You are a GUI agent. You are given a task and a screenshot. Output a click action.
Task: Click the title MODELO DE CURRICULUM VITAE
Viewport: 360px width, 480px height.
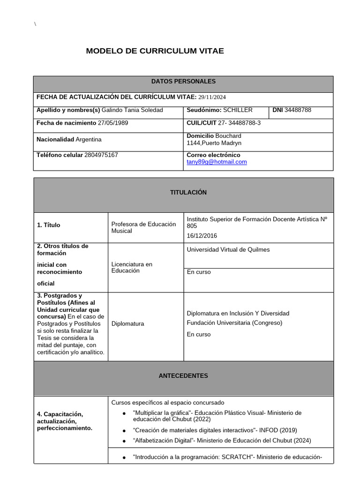pos(155,51)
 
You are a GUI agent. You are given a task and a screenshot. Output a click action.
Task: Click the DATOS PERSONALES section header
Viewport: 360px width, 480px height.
pos(183,82)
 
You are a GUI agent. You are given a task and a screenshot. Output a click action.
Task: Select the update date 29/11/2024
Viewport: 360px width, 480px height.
pos(212,97)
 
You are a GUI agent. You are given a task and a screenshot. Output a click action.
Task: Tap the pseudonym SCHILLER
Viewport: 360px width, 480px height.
pos(238,110)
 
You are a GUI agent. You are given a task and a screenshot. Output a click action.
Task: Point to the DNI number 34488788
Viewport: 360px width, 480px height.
pos(298,110)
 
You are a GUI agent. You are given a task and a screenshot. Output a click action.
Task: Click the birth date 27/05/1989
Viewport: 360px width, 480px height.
pos(113,123)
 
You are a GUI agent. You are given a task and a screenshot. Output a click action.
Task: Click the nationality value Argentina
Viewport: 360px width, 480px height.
pos(89,140)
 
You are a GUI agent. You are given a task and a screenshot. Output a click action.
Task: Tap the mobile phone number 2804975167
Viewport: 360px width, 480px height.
pos(101,155)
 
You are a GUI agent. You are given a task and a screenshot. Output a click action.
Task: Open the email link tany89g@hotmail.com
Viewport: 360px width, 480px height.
pos(217,162)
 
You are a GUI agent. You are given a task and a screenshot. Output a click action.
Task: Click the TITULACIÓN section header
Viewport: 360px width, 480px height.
pos(183,193)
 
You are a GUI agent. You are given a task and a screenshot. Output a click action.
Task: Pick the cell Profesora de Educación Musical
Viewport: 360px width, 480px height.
pos(143,227)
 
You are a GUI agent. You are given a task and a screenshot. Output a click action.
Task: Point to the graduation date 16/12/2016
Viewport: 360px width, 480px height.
pos(202,236)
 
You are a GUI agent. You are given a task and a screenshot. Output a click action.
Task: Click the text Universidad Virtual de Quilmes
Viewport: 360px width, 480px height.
pos(228,250)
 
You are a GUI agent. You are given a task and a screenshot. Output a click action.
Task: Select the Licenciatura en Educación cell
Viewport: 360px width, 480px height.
pos(132,267)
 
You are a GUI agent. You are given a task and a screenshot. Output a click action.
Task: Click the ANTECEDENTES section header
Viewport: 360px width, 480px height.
pos(183,376)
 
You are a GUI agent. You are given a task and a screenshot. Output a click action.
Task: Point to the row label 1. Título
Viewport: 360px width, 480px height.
pos(49,225)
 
